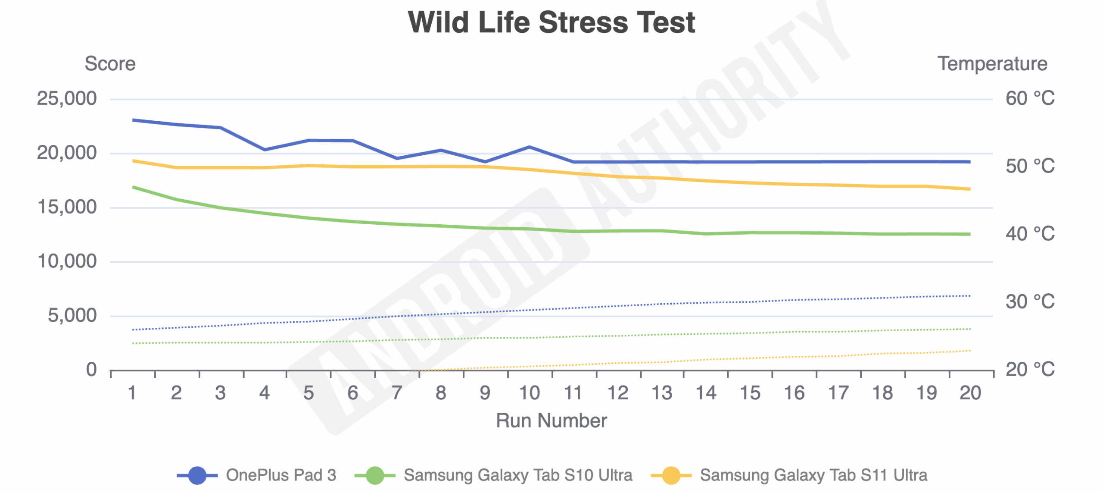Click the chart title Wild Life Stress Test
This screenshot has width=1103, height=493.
pyautogui.click(x=551, y=22)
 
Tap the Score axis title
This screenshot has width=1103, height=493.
pyautogui.click(x=110, y=64)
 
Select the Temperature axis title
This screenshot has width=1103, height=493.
pyautogui.click(x=992, y=64)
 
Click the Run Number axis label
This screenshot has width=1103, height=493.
pyautogui.click(x=551, y=420)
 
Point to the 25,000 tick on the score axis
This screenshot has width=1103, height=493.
pyautogui.click(x=67, y=99)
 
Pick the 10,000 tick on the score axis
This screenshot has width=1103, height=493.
pyautogui.click(x=67, y=261)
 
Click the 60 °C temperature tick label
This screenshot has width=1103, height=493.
pyautogui.click(x=1030, y=99)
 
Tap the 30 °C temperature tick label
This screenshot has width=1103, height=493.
pyautogui.click(x=1030, y=301)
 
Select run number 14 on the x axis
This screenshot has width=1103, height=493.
pyautogui.click(x=706, y=393)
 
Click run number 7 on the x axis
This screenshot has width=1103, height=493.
pyautogui.click(x=397, y=393)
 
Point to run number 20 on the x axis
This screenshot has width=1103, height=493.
pyautogui.click(x=970, y=393)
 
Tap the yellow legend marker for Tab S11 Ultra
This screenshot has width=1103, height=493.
pyautogui.click(x=671, y=475)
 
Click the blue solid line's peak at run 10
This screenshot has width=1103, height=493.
pyautogui.click(x=529, y=147)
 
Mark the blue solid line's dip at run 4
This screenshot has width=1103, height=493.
pyautogui.click(x=265, y=150)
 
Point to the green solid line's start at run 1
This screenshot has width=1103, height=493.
pyautogui.click(x=134, y=187)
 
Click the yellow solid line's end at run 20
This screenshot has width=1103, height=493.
pyautogui.click(x=969, y=189)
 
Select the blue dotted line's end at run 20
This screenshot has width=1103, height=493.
pyautogui.click(x=969, y=296)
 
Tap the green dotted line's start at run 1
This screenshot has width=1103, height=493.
pyautogui.click(x=134, y=343)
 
